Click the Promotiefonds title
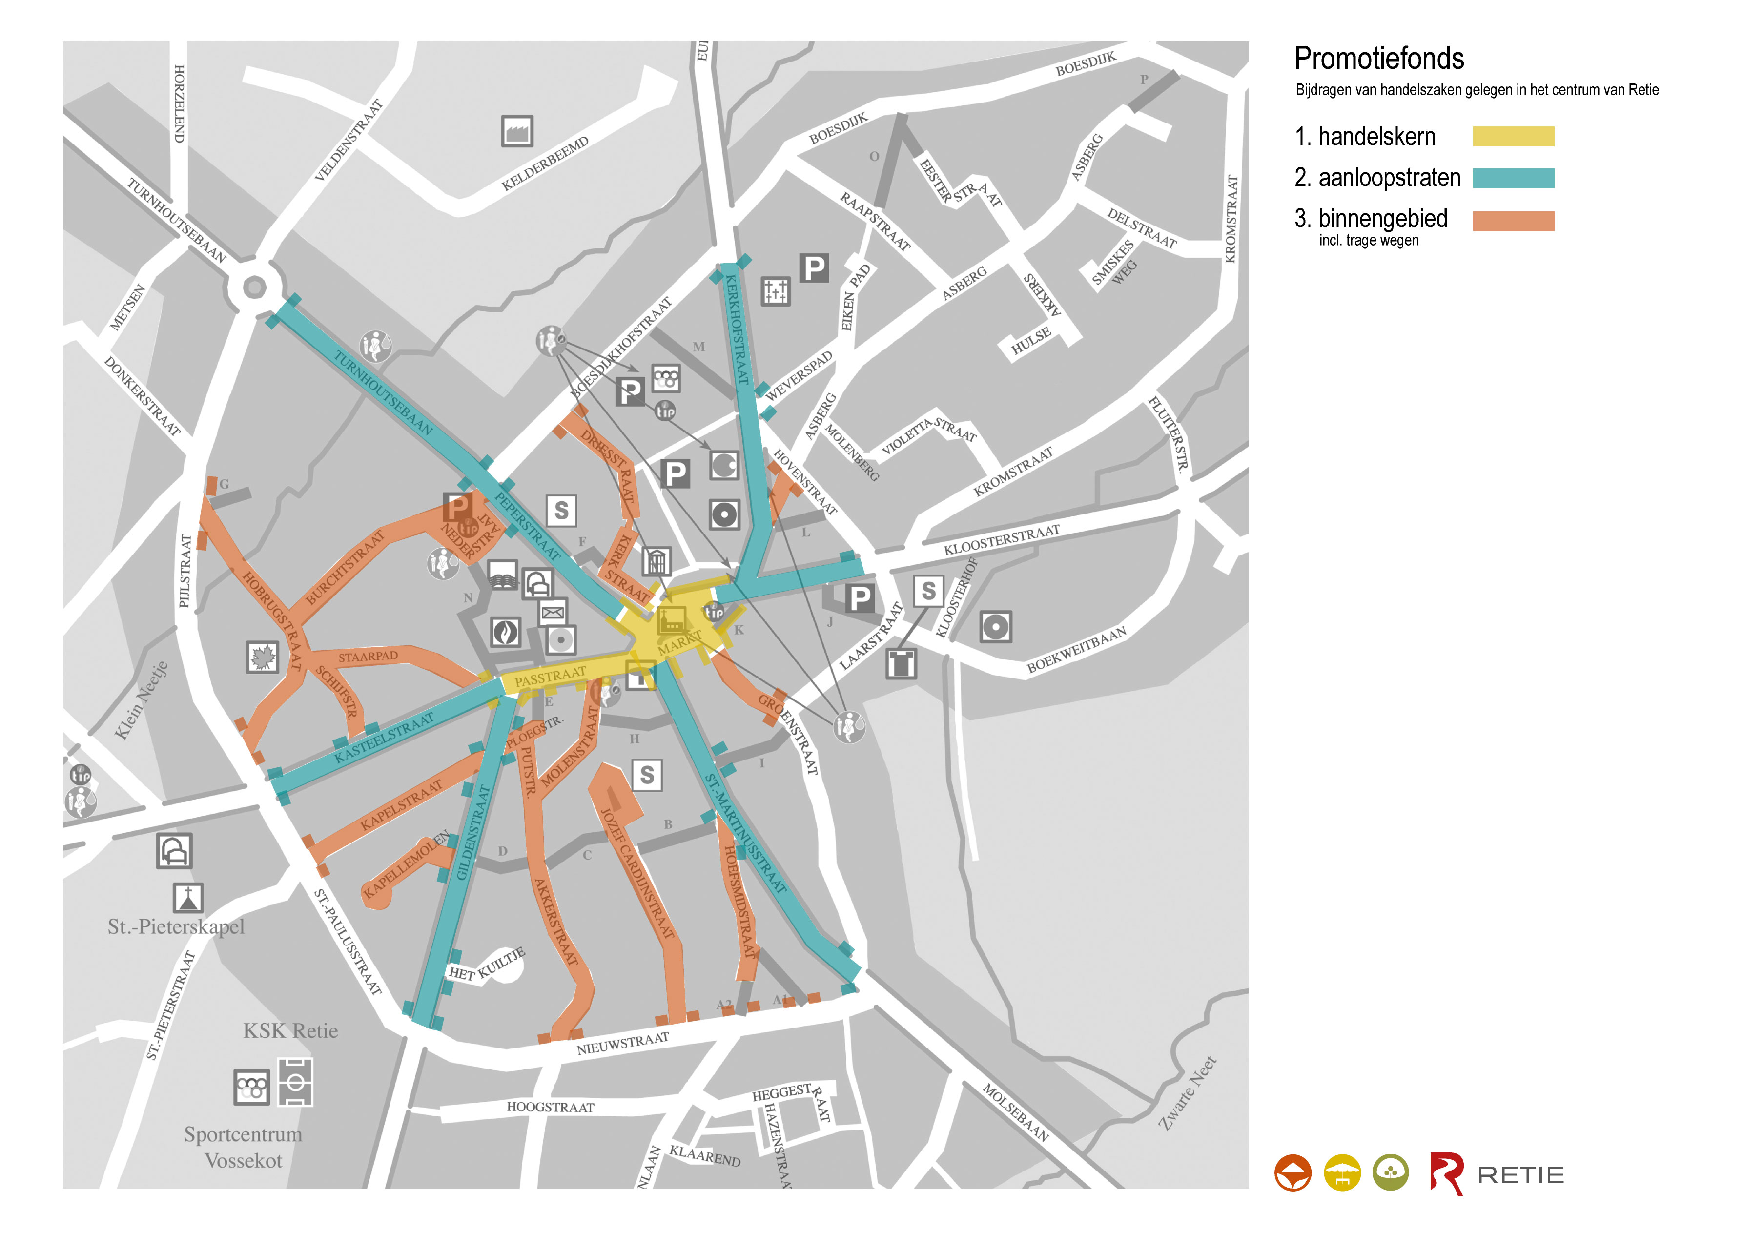[x=1378, y=59]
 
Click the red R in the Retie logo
[x=1445, y=1174]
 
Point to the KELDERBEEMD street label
[x=545, y=164]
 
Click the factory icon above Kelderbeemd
[x=517, y=131]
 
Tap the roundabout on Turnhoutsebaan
[x=254, y=287]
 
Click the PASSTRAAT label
[x=550, y=676]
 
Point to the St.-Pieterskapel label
[x=176, y=927]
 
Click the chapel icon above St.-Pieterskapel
[x=187, y=898]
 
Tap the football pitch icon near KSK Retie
[x=295, y=1081]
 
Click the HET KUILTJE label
[x=487, y=965]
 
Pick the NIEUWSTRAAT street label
[x=623, y=1043]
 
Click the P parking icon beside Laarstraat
[x=858, y=598]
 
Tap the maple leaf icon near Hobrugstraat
[x=263, y=657]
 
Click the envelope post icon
[x=553, y=612]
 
